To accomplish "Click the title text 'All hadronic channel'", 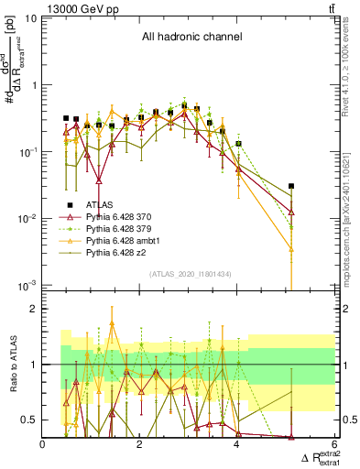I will click(191, 38).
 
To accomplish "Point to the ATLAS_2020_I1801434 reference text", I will click(190, 274).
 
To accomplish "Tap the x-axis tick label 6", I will click(334, 444).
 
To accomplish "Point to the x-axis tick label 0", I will click(44, 444).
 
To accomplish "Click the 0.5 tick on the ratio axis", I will click(30, 420).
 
